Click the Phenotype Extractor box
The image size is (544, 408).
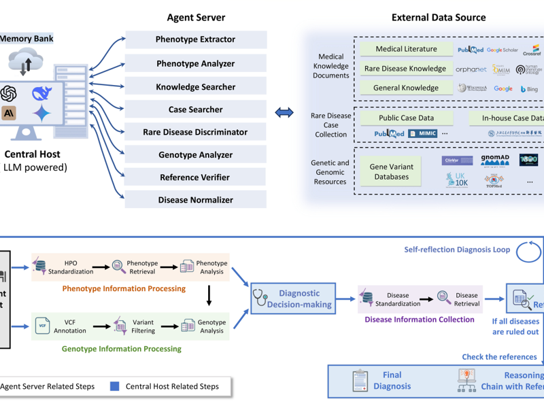pos(196,39)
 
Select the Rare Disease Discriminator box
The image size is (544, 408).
pos(196,132)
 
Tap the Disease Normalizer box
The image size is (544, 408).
pos(196,200)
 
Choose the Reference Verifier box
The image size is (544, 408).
pos(196,177)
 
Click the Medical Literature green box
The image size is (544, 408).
pos(406,49)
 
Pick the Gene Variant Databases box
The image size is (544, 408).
pos(389,171)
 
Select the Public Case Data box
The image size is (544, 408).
pos(406,118)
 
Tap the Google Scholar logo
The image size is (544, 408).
pos(503,50)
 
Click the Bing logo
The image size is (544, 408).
pos(530,88)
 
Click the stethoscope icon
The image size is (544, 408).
pos(261,298)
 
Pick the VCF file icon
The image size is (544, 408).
pos(42,326)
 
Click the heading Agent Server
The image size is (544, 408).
pos(196,17)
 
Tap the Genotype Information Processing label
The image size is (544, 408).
pos(122,349)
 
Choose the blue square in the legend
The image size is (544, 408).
pos(114,386)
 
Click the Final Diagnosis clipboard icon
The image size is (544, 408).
pos(360,381)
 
